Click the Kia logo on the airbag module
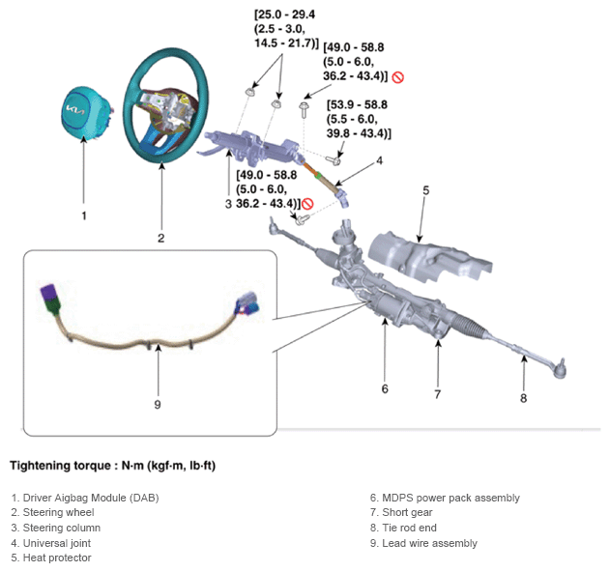(75, 110)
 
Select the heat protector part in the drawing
(430, 260)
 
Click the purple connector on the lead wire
(49, 293)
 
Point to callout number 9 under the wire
(158, 405)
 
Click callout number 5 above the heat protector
(426, 190)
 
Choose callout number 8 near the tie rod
(524, 398)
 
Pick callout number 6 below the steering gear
(385, 388)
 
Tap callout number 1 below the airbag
(84, 215)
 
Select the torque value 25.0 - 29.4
(286, 14)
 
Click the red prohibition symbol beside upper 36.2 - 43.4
(398, 77)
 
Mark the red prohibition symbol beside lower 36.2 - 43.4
(307, 204)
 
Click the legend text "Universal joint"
(57, 543)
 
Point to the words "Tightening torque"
(60, 466)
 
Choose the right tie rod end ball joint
(560, 368)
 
